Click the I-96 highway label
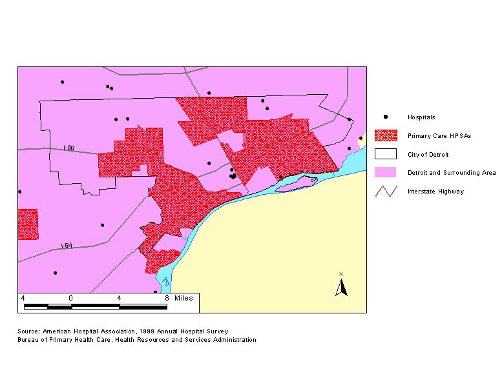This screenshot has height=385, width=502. click(69, 148)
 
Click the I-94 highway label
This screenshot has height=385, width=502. click(66, 246)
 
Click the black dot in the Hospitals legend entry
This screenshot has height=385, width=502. click(386, 117)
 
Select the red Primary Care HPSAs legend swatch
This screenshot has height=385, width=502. click(386, 135)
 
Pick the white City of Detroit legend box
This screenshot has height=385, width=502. click(386, 154)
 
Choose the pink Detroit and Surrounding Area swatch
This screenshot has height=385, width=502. click(386, 172)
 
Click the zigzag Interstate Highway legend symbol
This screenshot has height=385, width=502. click(386, 191)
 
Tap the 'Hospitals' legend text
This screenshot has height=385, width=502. click(421, 117)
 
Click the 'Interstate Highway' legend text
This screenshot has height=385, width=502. click(435, 192)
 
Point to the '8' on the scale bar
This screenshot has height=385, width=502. click(167, 298)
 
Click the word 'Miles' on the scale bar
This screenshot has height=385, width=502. click(184, 298)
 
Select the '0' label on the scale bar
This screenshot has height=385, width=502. click(70, 298)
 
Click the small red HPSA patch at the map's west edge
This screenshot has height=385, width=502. click(28, 224)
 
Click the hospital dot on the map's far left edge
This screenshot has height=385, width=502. click(19, 192)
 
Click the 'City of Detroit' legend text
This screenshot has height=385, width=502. click(428, 155)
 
